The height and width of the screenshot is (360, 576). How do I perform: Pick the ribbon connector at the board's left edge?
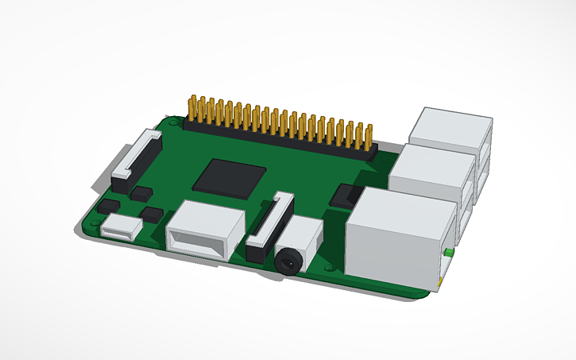136,156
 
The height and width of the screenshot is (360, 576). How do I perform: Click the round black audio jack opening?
287,260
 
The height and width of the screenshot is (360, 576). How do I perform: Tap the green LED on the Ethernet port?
449,253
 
